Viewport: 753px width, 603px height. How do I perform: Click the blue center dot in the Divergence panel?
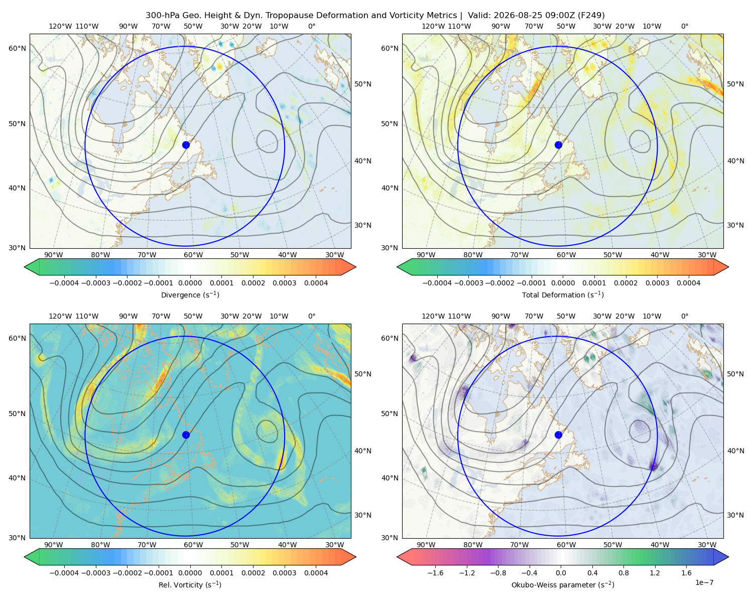click(186, 145)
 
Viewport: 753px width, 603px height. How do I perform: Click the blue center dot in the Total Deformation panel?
click(558, 145)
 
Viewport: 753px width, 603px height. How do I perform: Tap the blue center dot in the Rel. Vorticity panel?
click(186, 435)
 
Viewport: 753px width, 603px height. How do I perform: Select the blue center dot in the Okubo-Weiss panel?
click(558, 435)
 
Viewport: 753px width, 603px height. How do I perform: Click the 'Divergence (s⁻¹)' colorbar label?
click(190, 294)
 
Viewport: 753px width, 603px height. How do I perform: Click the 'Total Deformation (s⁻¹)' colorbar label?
click(563, 294)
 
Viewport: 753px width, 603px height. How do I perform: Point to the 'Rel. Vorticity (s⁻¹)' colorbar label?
click(190, 584)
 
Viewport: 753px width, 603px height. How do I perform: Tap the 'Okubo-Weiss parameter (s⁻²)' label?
click(563, 584)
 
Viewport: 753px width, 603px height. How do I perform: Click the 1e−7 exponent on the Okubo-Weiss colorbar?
click(704, 582)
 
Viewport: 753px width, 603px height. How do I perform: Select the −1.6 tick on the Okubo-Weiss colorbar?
click(435, 572)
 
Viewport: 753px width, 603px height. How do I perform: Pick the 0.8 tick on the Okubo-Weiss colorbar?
click(623, 572)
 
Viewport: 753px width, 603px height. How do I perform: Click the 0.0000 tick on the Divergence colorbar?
click(190, 283)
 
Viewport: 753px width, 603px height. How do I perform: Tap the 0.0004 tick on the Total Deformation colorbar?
click(688, 283)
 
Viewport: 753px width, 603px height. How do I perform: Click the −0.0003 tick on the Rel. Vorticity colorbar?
click(95, 572)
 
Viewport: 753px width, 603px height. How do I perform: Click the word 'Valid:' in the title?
click(479, 16)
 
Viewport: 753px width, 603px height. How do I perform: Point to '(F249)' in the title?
click(592, 16)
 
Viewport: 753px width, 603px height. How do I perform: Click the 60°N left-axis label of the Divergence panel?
click(17, 48)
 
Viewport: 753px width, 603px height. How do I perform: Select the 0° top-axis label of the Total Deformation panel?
click(684, 26)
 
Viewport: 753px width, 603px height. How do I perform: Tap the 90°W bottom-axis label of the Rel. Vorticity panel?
click(54, 545)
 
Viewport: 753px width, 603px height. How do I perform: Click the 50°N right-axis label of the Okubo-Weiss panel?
click(735, 373)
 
